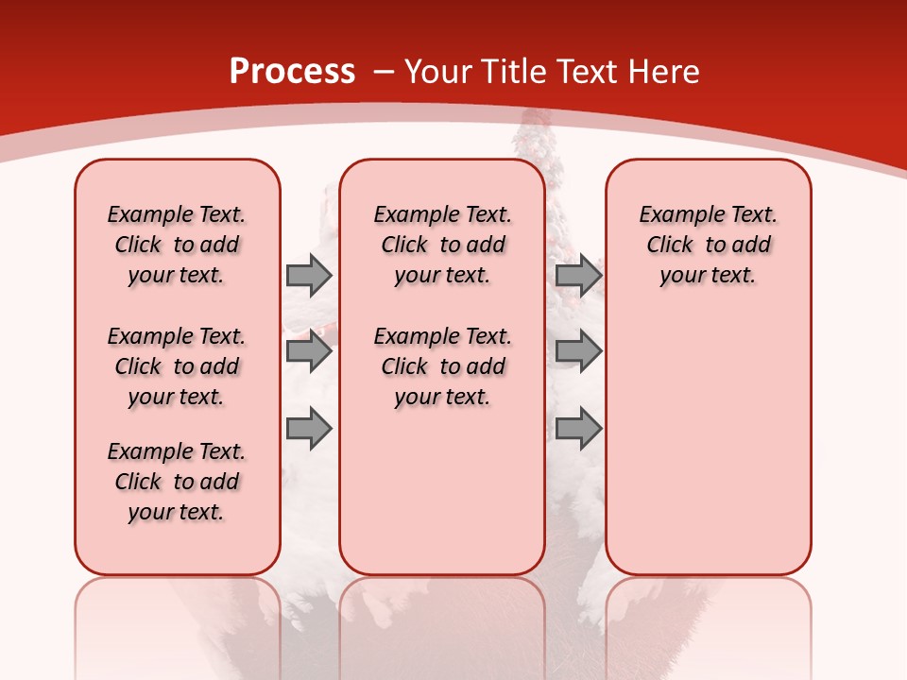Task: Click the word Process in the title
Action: tap(292, 72)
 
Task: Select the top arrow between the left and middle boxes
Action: tap(309, 275)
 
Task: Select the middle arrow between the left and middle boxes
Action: tap(309, 352)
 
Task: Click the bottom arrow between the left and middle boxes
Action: tap(309, 429)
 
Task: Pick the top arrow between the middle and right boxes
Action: tap(578, 275)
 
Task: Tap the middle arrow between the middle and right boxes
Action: tap(578, 352)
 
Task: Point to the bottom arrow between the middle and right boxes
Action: tap(578, 429)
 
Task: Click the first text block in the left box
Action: tap(177, 245)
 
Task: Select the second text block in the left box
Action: tap(177, 366)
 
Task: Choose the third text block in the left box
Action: tap(177, 482)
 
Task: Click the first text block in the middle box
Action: tap(442, 245)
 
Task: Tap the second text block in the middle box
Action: tap(442, 366)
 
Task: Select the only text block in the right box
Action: tap(708, 245)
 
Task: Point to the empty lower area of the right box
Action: tap(708, 434)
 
